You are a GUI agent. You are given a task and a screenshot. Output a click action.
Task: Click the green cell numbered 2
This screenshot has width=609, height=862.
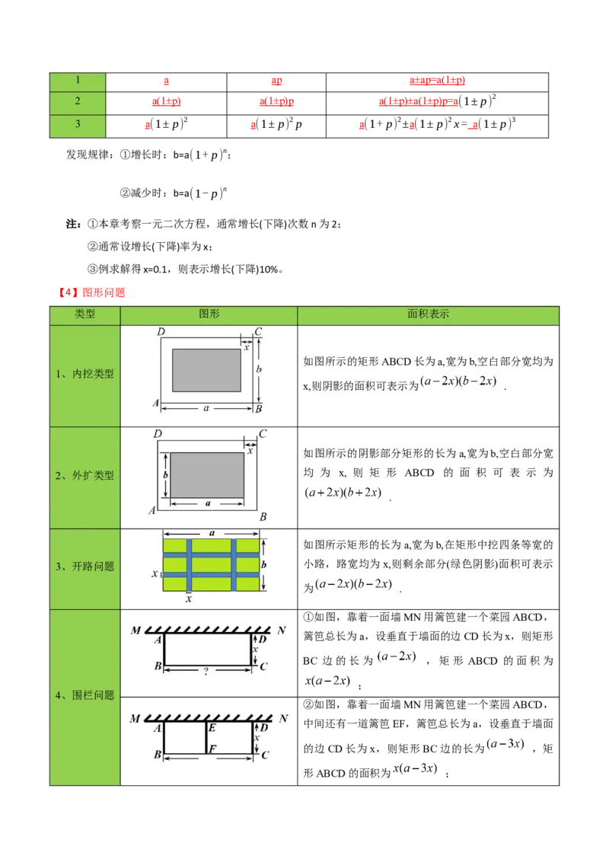(x=78, y=103)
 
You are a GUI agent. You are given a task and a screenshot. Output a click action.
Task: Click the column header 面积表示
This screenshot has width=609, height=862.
(x=428, y=314)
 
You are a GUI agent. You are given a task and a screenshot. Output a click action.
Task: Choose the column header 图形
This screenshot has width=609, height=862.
(x=209, y=314)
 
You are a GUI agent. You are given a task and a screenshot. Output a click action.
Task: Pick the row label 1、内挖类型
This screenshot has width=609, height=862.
(x=84, y=374)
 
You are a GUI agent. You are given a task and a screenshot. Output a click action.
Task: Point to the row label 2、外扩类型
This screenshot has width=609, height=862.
(x=84, y=475)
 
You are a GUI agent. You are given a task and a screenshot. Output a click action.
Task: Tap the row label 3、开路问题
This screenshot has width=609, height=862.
(x=84, y=567)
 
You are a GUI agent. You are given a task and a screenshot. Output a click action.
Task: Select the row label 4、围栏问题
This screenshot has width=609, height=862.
(x=84, y=695)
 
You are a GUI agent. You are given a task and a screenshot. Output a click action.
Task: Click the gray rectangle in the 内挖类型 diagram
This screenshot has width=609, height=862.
(x=206, y=371)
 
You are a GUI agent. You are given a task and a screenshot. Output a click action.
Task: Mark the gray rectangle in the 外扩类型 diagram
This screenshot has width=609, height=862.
(x=207, y=475)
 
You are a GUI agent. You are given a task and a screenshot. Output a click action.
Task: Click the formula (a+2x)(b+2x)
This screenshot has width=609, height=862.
(x=343, y=493)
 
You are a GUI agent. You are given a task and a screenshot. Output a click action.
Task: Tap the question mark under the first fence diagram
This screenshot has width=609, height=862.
(x=206, y=671)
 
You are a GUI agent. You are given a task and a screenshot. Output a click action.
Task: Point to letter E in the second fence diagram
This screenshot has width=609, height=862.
(x=212, y=728)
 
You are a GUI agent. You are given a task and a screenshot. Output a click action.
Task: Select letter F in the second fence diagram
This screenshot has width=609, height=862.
(x=212, y=749)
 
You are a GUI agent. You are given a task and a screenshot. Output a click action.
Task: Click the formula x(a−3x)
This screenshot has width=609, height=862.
(x=415, y=768)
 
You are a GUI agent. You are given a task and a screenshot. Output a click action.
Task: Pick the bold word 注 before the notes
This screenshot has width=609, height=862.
(x=72, y=224)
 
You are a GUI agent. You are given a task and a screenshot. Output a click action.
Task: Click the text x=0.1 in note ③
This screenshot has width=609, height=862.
(x=155, y=270)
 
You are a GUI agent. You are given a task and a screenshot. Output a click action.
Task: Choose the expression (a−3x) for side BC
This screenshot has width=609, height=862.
(x=505, y=744)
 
